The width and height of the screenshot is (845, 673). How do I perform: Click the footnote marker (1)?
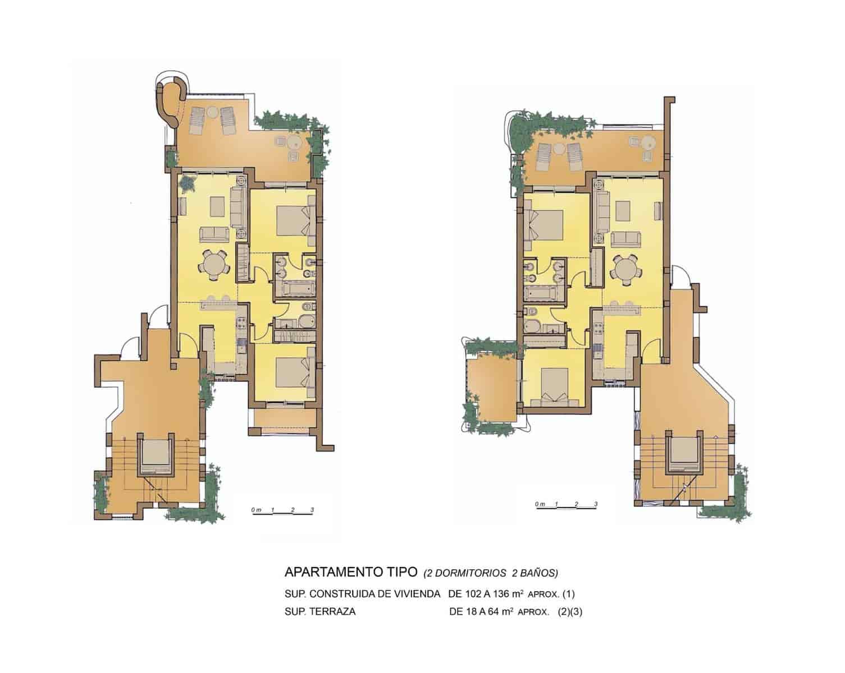coord(568,593)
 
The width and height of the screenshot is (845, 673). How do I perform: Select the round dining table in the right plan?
coord(626,267)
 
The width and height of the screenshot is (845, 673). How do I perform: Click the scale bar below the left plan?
coord(282,512)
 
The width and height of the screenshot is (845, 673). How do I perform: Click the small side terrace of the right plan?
coord(490,390)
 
